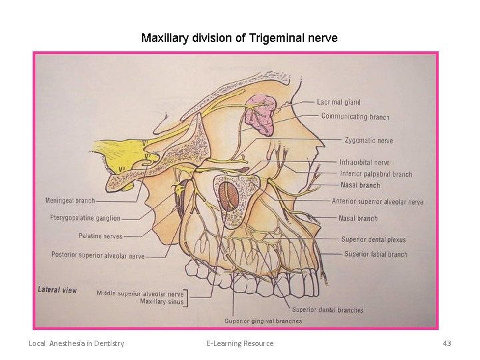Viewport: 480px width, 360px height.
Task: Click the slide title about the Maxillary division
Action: tap(239, 38)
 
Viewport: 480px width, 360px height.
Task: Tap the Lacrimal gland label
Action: tap(338, 102)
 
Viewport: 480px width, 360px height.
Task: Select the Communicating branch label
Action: tap(355, 117)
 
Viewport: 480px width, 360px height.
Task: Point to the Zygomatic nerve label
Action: tap(369, 141)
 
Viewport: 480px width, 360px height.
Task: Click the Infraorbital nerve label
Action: tap(364, 163)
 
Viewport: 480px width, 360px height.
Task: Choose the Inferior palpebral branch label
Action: tap(376, 175)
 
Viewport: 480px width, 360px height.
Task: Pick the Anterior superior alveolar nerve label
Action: tap(377, 202)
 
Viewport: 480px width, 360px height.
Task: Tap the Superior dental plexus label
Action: tap(373, 240)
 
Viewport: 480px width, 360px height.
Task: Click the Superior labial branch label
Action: tap(375, 254)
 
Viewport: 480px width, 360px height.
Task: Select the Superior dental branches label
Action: tap(327, 310)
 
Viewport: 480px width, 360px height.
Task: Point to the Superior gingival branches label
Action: tap(263, 321)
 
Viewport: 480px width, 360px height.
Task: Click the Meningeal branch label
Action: tap(70, 201)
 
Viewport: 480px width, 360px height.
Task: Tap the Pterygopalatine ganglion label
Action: tap(85, 218)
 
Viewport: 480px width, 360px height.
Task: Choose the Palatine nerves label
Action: tap(101, 236)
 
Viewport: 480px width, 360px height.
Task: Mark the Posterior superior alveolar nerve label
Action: tap(98, 255)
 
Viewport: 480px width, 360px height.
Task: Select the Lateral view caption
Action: tap(57, 290)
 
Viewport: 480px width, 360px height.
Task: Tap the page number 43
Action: tap(447, 343)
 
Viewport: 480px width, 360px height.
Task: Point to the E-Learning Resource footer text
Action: tap(240, 343)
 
